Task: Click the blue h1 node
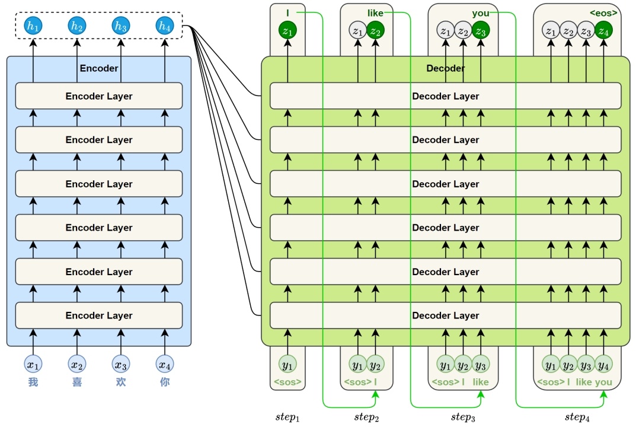point(33,26)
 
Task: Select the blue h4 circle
point(165,26)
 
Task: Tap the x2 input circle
point(77,364)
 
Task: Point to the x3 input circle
point(121,364)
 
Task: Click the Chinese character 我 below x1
point(33,382)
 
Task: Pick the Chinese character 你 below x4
point(165,382)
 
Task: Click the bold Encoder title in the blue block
point(99,68)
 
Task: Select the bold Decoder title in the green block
point(445,68)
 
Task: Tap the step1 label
point(287,418)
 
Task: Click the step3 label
point(463,418)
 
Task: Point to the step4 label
point(577,418)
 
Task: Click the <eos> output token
point(603,13)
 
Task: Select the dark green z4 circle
point(603,30)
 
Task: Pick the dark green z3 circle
point(481,30)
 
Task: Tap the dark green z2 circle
point(376,30)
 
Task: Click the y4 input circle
point(603,365)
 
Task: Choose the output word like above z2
point(375,13)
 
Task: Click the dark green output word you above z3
point(481,13)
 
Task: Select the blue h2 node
point(77,26)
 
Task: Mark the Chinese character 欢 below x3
point(121,382)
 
